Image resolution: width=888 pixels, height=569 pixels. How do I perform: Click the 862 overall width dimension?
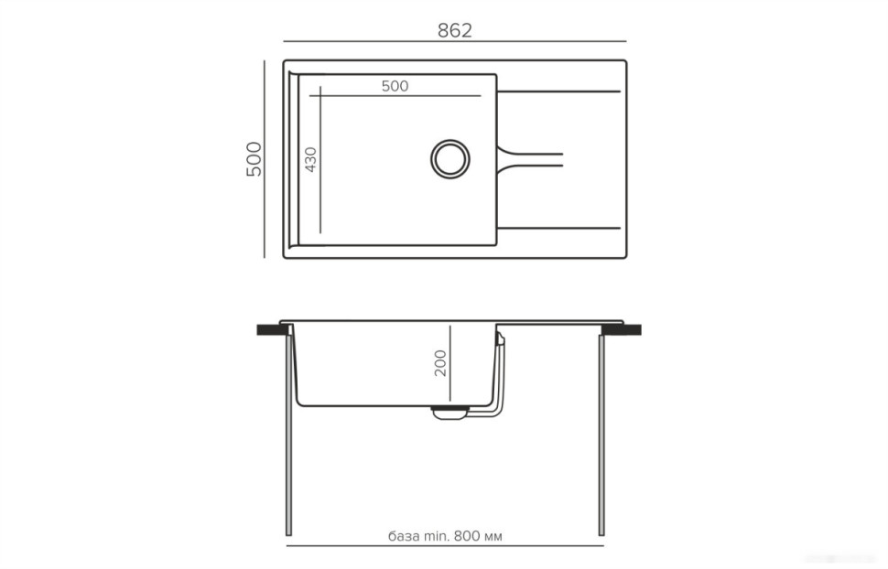454,30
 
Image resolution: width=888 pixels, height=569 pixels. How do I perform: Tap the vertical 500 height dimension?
254,159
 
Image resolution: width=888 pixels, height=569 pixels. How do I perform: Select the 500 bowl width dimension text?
395,86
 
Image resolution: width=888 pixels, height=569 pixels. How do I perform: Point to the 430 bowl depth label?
311,160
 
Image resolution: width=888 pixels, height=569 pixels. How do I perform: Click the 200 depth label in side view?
440,363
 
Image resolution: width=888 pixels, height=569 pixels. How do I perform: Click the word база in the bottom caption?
404,535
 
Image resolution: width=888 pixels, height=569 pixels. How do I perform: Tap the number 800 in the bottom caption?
466,535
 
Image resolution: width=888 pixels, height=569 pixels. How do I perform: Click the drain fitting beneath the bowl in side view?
449,413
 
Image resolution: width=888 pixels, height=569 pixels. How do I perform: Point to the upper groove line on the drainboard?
559,91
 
